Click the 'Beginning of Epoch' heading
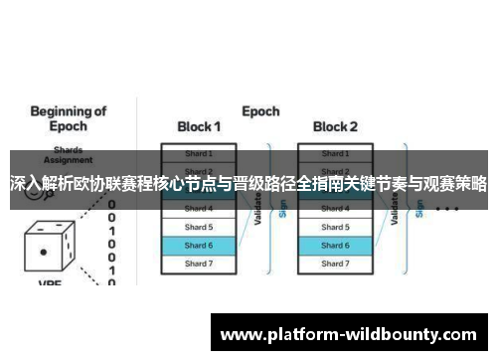click(62, 120)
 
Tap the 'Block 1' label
click(198, 126)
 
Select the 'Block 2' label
click(334, 126)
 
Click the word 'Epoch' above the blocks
click(260, 111)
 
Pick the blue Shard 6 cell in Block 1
click(199, 245)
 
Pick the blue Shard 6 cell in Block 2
click(335, 245)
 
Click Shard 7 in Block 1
click(199, 264)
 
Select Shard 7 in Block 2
click(335, 264)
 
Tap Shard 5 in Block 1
click(199, 227)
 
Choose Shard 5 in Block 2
click(335, 227)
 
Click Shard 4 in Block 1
click(199, 209)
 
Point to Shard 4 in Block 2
click(335, 209)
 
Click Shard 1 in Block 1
click(199, 154)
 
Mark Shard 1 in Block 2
click(335, 154)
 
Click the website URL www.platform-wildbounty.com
click(353, 336)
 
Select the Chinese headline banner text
click(248, 184)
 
